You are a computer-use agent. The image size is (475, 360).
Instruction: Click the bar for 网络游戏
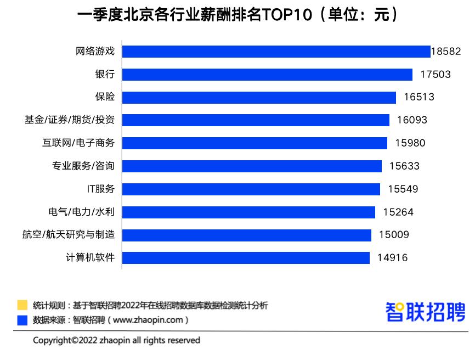(x=276, y=52)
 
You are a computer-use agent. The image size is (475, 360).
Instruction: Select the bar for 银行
(x=267, y=75)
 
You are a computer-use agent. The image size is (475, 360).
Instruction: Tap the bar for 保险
(x=259, y=97)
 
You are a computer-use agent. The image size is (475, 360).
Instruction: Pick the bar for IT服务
(x=251, y=189)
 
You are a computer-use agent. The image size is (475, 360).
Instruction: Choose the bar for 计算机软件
(x=246, y=258)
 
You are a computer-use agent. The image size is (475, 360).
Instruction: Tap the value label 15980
(x=410, y=143)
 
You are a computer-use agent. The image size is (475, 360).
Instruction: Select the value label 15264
(x=398, y=212)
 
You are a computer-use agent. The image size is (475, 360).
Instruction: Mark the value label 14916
(x=392, y=258)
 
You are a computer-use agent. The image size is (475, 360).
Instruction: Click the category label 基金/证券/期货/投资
(x=70, y=120)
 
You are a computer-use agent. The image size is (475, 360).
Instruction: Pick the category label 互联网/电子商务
(x=78, y=143)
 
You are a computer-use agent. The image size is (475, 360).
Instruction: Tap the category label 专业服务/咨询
(x=83, y=166)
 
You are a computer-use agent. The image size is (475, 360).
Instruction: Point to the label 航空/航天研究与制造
(x=69, y=235)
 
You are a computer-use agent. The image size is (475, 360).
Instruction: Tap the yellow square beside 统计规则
(x=22, y=305)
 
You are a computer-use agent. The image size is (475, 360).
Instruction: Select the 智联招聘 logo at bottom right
(x=426, y=312)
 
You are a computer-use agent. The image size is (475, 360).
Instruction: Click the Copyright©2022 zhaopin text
(x=116, y=340)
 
